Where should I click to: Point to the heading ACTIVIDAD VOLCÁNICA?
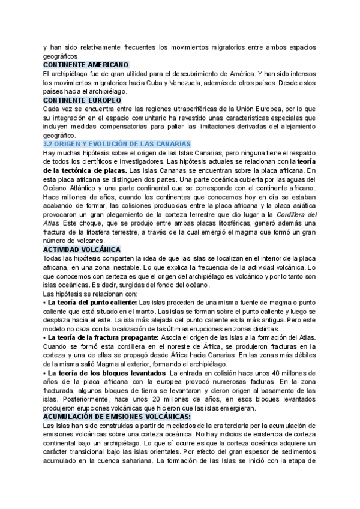[x=82, y=249]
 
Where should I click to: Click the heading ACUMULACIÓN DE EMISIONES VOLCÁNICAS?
[x=117, y=399]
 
